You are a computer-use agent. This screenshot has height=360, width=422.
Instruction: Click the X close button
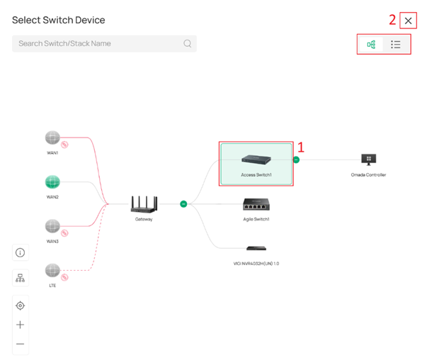coord(408,21)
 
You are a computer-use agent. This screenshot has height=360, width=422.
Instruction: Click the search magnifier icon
coord(188,43)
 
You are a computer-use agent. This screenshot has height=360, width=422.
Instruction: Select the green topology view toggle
coord(371,45)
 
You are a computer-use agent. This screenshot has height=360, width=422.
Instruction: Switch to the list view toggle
coord(396,45)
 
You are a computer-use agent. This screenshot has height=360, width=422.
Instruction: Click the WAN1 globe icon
coord(52,137)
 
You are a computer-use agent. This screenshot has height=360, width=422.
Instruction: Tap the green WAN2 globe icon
coord(52,182)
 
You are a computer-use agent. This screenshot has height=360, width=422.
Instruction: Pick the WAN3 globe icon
coord(52,227)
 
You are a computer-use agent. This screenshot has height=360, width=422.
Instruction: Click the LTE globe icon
coord(52,270)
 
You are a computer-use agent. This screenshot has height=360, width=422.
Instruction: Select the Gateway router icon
coord(144,205)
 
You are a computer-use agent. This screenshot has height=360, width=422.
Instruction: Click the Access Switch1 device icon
coord(256,160)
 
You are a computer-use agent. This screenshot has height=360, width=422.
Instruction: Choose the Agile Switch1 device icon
coord(256,205)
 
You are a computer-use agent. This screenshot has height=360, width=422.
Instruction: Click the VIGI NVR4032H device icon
coord(256,248)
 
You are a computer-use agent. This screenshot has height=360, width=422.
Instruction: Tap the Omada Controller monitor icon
coord(368,159)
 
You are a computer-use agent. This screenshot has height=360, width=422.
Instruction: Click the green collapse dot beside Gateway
coord(183,205)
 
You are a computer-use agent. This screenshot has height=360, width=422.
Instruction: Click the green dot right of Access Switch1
coord(297,160)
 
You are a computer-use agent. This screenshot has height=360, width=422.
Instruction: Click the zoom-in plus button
coord(20,325)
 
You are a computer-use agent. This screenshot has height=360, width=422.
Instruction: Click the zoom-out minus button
coord(20,344)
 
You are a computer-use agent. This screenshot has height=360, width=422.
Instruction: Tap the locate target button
coord(20,305)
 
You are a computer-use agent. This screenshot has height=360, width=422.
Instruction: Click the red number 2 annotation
coord(392,21)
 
